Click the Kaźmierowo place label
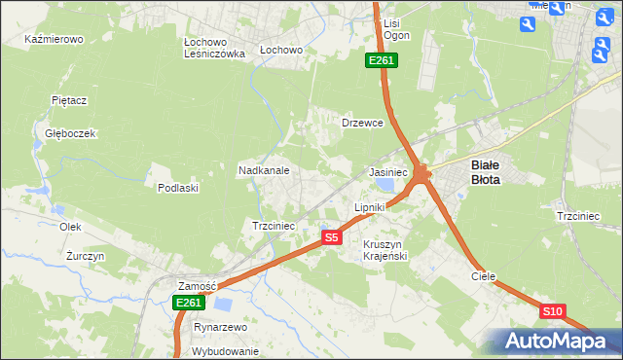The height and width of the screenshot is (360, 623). coord(55,40)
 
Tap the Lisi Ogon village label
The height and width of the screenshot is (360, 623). coord(395,28)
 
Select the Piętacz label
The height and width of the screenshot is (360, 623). coord(70,100)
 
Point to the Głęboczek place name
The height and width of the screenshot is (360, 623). coord(69,133)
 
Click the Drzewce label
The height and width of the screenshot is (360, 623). coord(362,124)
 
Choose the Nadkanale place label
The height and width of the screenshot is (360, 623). coord(264,170)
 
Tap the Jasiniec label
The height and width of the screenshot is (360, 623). coord(387,172)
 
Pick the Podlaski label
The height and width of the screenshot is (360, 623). coord(178,188)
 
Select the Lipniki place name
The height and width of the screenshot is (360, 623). coord(370,207)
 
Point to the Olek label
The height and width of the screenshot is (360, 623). coord(70,227)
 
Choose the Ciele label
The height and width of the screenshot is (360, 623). coord(484,276)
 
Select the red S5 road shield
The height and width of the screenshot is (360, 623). coord(331,237)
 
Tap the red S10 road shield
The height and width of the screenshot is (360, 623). coord(552,311)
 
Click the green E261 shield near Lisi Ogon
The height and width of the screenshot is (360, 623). coord(381,61)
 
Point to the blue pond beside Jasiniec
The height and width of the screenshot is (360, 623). coord(386,184)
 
